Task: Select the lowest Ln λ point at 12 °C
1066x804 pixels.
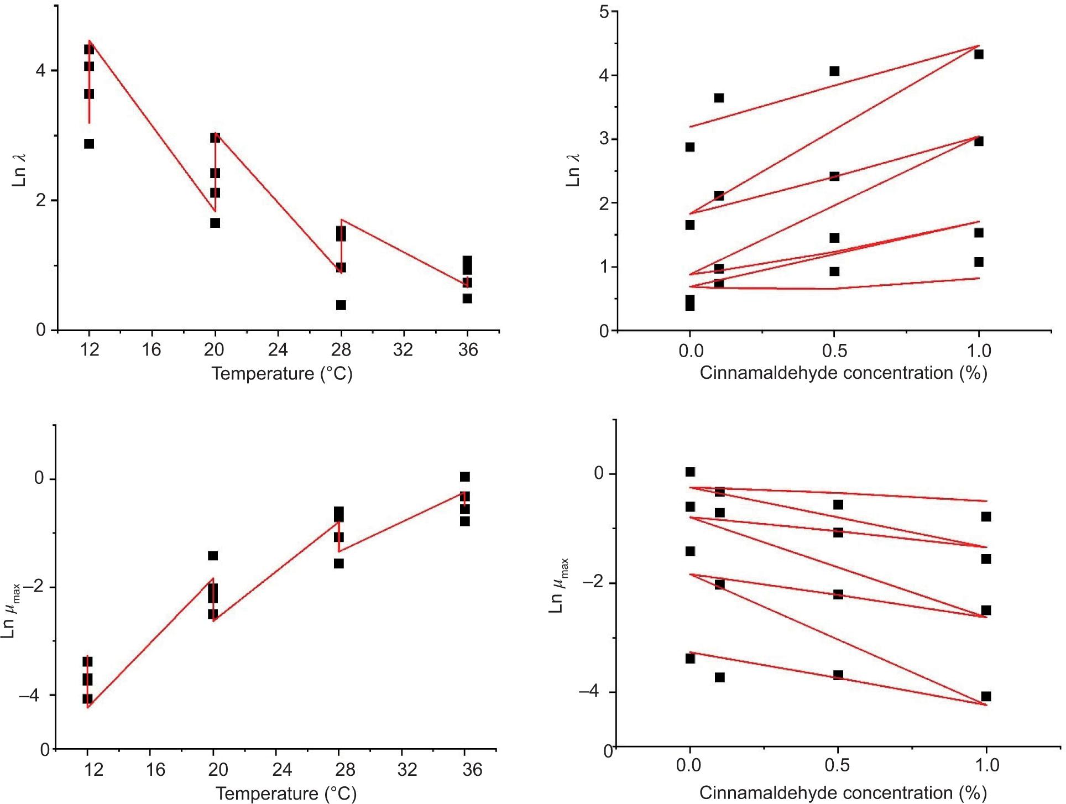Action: pos(89,144)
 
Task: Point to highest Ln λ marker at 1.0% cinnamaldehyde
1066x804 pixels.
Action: pos(979,54)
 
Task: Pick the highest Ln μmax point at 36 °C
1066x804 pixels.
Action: pos(465,477)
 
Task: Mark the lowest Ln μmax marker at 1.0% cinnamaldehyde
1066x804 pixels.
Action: pos(986,696)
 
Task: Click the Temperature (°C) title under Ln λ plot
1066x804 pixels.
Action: pos(282,374)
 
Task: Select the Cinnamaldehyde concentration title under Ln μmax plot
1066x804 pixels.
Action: pos(843,793)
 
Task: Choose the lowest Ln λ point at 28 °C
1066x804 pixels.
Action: pos(341,305)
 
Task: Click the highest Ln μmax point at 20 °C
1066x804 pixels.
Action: pos(213,556)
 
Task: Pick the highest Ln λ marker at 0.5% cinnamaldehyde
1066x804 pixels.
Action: pos(834,71)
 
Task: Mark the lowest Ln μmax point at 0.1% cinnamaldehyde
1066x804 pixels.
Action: pos(719,677)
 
